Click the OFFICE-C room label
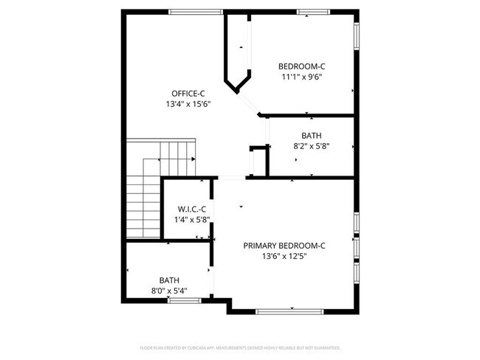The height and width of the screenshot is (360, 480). point(188,93)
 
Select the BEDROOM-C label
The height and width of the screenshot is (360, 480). point(301,65)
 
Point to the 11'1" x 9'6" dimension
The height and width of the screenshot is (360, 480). point(301,76)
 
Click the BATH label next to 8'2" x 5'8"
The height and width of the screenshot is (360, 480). point(311,135)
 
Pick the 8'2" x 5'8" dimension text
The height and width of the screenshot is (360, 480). point(311,146)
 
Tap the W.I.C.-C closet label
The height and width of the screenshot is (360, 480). point(188,209)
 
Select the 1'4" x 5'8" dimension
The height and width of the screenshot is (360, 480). point(188,219)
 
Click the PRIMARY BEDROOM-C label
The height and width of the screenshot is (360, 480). point(284,245)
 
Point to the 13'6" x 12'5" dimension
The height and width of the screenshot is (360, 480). point(284,256)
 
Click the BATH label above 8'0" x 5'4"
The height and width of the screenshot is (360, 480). point(169,280)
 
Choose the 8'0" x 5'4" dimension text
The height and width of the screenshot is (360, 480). point(169,291)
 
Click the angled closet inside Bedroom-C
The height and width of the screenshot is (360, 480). point(239,55)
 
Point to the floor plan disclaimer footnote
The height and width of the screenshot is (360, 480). point(240,347)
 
